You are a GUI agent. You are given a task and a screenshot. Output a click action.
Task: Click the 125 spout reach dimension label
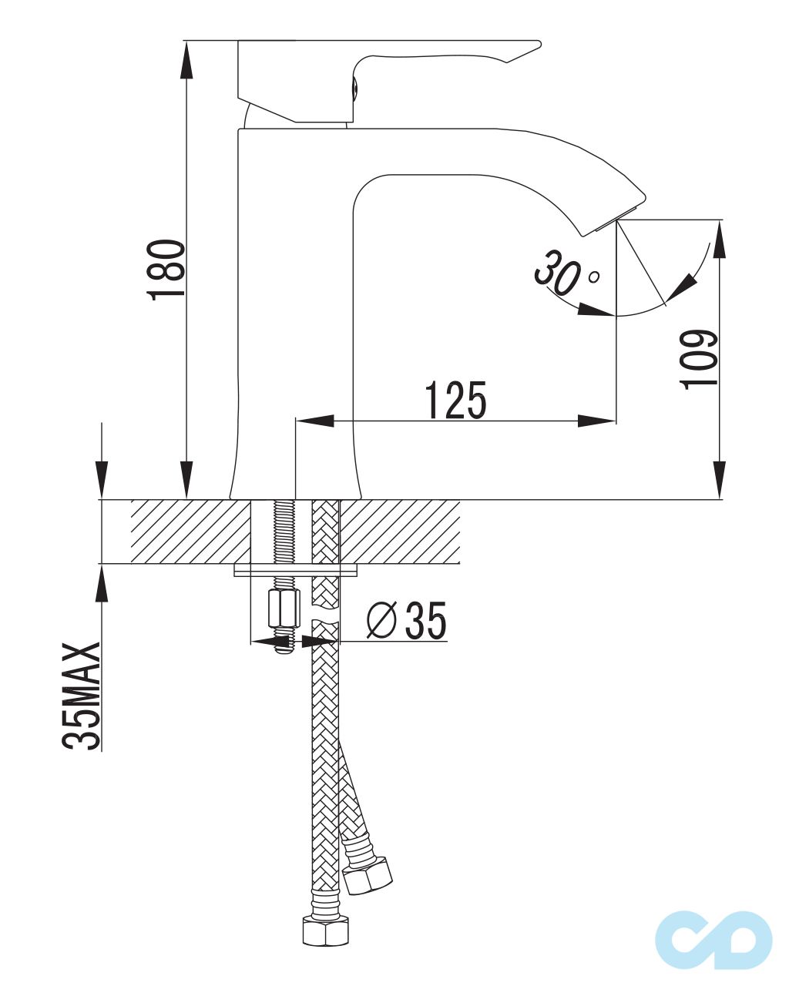pos(456,400)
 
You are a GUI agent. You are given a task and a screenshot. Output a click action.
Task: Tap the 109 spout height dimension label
pos(700,360)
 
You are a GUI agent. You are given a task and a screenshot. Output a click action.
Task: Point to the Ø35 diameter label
pos(407,621)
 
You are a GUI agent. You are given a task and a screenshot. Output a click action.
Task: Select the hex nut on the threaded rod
pos(283,609)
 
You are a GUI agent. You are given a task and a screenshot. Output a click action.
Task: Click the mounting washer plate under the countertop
pos(297,571)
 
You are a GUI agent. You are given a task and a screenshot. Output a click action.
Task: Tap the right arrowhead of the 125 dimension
pos(598,421)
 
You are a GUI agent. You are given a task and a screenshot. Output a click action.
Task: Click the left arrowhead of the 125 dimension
pos(314,421)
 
